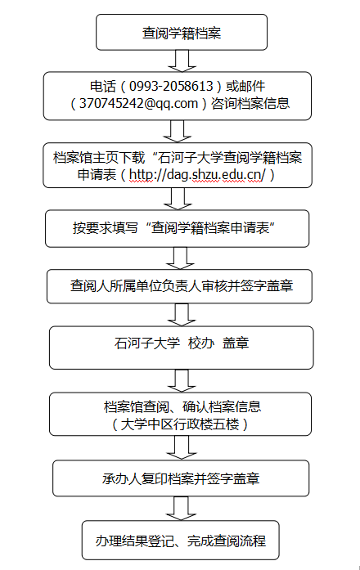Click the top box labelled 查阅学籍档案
click(182, 32)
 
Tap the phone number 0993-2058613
click(171, 86)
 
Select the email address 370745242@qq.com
click(138, 104)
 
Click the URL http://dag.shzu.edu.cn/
click(197, 175)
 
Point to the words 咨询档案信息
click(250, 104)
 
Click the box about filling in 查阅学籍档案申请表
click(177, 228)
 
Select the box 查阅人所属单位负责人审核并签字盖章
click(179, 286)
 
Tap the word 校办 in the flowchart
click(201, 343)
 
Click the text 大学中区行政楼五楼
click(180, 424)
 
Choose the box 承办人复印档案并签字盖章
click(181, 478)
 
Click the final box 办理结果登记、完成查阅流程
click(180, 541)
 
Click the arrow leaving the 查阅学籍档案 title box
click(182, 61)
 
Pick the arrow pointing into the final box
click(181, 508)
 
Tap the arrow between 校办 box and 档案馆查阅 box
click(182, 380)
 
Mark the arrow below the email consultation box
click(177, 131)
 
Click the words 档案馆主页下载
click(99, 158)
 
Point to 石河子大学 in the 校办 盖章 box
click(147, 343)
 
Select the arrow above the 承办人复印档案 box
click(182, 447)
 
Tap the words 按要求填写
click(105, 228)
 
